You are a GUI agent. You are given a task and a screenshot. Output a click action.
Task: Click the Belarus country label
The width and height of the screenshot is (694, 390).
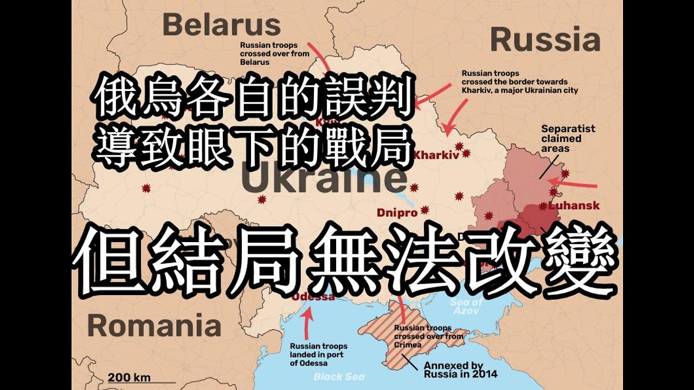(x=221, y=25)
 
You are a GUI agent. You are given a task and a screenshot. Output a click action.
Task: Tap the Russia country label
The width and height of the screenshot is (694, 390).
(x=545, y=40)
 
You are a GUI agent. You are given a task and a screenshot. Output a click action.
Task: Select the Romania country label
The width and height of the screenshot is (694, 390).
(x=154, y=326)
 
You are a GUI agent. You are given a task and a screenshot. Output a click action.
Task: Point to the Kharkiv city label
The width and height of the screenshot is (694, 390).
(x=436, y=155)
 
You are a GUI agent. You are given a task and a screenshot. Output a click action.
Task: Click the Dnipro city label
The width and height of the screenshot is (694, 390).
(x=398, y=213)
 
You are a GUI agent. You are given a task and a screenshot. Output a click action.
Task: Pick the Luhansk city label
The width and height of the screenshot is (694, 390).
(x=574, y=206)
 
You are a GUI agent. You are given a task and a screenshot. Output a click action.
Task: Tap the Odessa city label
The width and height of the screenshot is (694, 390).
(x=313, y=297)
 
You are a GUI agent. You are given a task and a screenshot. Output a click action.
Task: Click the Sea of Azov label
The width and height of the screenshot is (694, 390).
(x=466, y=307)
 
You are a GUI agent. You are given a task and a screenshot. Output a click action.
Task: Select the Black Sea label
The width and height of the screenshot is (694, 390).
(x=339, y=376)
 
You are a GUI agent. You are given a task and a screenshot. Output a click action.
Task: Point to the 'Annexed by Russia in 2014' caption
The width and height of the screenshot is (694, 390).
(x=460, y=369)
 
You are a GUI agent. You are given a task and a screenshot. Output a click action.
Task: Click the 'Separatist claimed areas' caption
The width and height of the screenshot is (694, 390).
(x=568, y=138)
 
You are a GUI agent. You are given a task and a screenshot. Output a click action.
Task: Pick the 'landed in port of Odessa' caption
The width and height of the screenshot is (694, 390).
(x=319, y=354)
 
